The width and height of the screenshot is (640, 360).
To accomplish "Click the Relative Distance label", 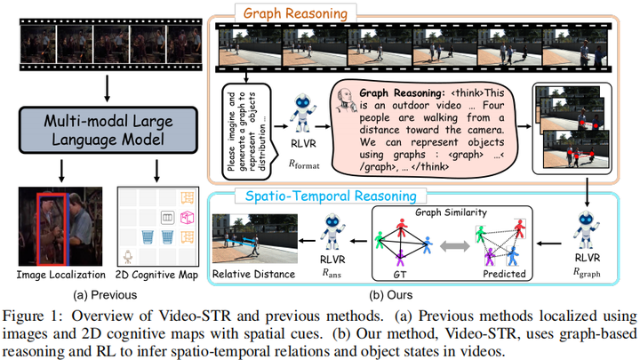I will pos(252,274).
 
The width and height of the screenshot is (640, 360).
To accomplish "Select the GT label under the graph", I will pos(399,275).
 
